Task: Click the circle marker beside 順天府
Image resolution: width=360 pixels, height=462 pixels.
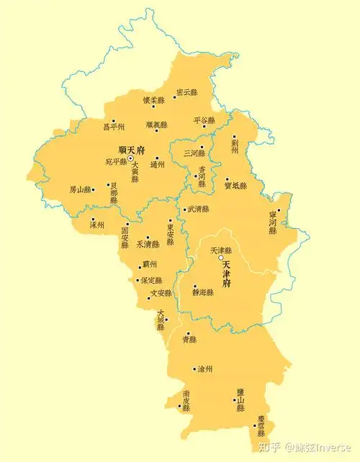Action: coord(131,158)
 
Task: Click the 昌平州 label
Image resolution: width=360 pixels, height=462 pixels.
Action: coord(114,127)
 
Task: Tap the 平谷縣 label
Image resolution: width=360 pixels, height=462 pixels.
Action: coord(204,121)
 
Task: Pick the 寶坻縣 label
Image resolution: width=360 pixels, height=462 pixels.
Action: coord(235,186)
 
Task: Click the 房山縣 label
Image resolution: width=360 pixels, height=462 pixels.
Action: coord(81,190)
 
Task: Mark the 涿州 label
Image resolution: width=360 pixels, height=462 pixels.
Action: coord(97,225)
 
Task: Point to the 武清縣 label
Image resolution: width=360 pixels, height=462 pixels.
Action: coord(197,209)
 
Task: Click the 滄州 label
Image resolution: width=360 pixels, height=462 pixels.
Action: coord(204,369)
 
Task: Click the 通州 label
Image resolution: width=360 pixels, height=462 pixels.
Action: coord(157,165)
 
